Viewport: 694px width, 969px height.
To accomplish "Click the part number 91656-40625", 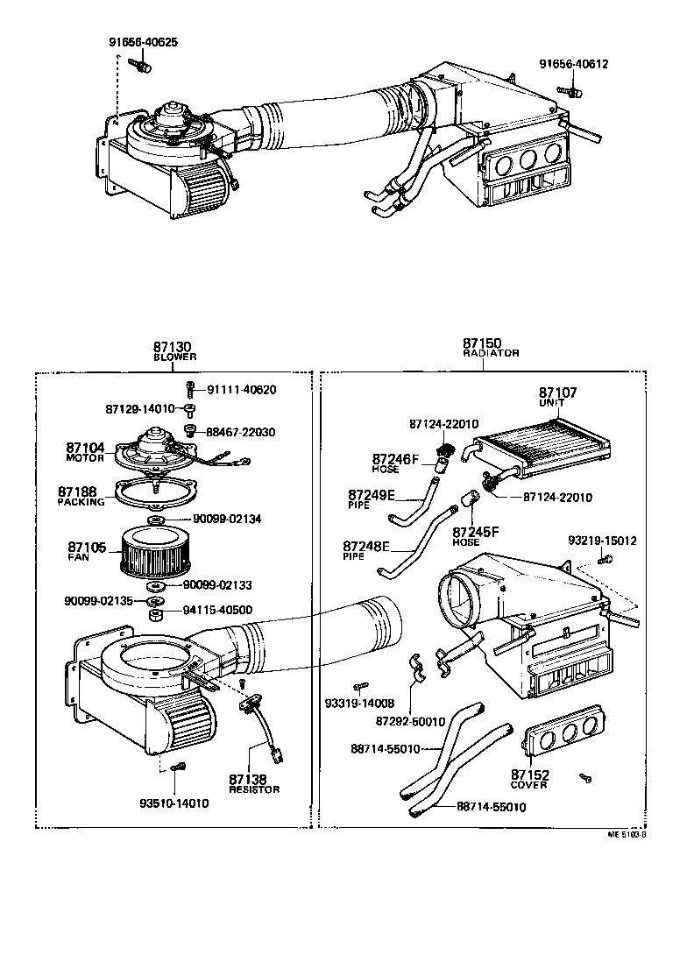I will [x=143, y=41].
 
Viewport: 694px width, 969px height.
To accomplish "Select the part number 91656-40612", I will [x=573, y=64].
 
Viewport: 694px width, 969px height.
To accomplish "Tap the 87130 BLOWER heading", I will [x=174, y=351].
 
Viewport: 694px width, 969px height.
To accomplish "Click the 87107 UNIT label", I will [x=557, y=397].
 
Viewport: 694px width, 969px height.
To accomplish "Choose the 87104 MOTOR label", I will [x=85, y=452].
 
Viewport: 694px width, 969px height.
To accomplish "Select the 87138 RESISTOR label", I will [x=254, y=783].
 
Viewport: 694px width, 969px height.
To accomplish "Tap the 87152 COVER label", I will [x=529, y=779].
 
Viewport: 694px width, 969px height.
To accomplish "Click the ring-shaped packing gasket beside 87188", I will [x=154, y=495].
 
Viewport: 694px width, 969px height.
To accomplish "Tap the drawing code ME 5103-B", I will [x=627, y=835].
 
